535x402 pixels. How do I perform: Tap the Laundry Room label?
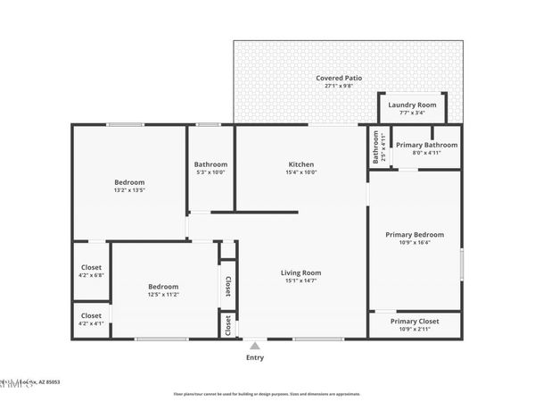[x=412, y=105]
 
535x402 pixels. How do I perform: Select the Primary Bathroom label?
[x=426, y=145]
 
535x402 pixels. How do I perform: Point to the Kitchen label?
[x=300, y=164]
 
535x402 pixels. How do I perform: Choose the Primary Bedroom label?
[x=415, y=234]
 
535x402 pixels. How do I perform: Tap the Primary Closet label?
[x=415, y=321]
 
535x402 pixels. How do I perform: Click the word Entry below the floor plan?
[x=255, y=357]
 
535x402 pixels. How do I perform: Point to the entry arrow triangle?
[x=255, y=346]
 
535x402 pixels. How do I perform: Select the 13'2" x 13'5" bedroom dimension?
[x=129, y=190]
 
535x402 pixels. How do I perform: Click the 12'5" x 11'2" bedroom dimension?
[x=163, y=295]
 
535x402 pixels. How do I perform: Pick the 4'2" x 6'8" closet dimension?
[x=92, y=275]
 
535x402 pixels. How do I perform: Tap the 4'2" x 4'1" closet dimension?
[x=92, y=323]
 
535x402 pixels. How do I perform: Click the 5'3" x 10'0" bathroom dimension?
[x=211, y=172]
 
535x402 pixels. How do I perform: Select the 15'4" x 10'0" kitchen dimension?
[x=300, y=172]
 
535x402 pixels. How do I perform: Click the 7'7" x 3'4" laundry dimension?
[x=412, y=113]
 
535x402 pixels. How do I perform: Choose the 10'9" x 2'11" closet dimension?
[x=415, y=330]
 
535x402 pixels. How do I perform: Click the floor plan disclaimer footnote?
[x=267, y=393]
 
